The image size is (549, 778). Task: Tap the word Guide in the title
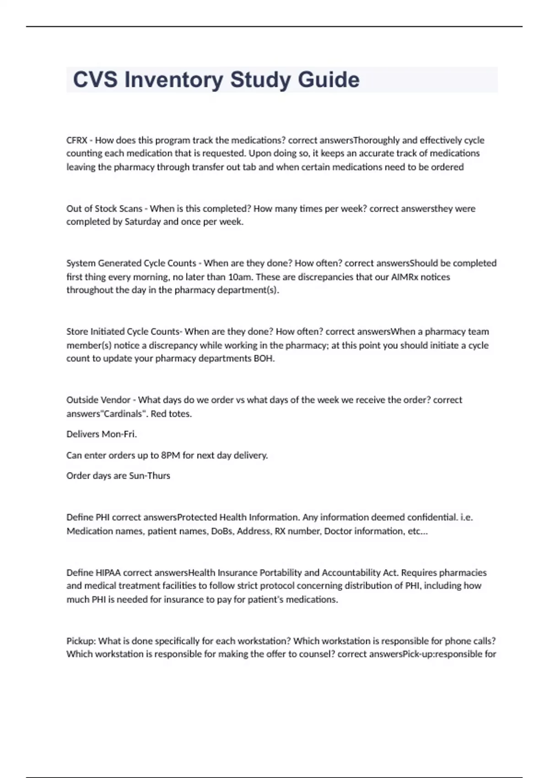point(328,80)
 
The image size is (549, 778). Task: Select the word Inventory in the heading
point(174,80)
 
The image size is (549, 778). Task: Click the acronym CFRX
point(77,140)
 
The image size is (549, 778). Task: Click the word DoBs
point(222,531)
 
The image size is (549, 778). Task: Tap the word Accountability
point(351,573)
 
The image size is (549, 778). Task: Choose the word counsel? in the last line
point(317,654)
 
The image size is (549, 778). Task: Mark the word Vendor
point(115,400)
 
